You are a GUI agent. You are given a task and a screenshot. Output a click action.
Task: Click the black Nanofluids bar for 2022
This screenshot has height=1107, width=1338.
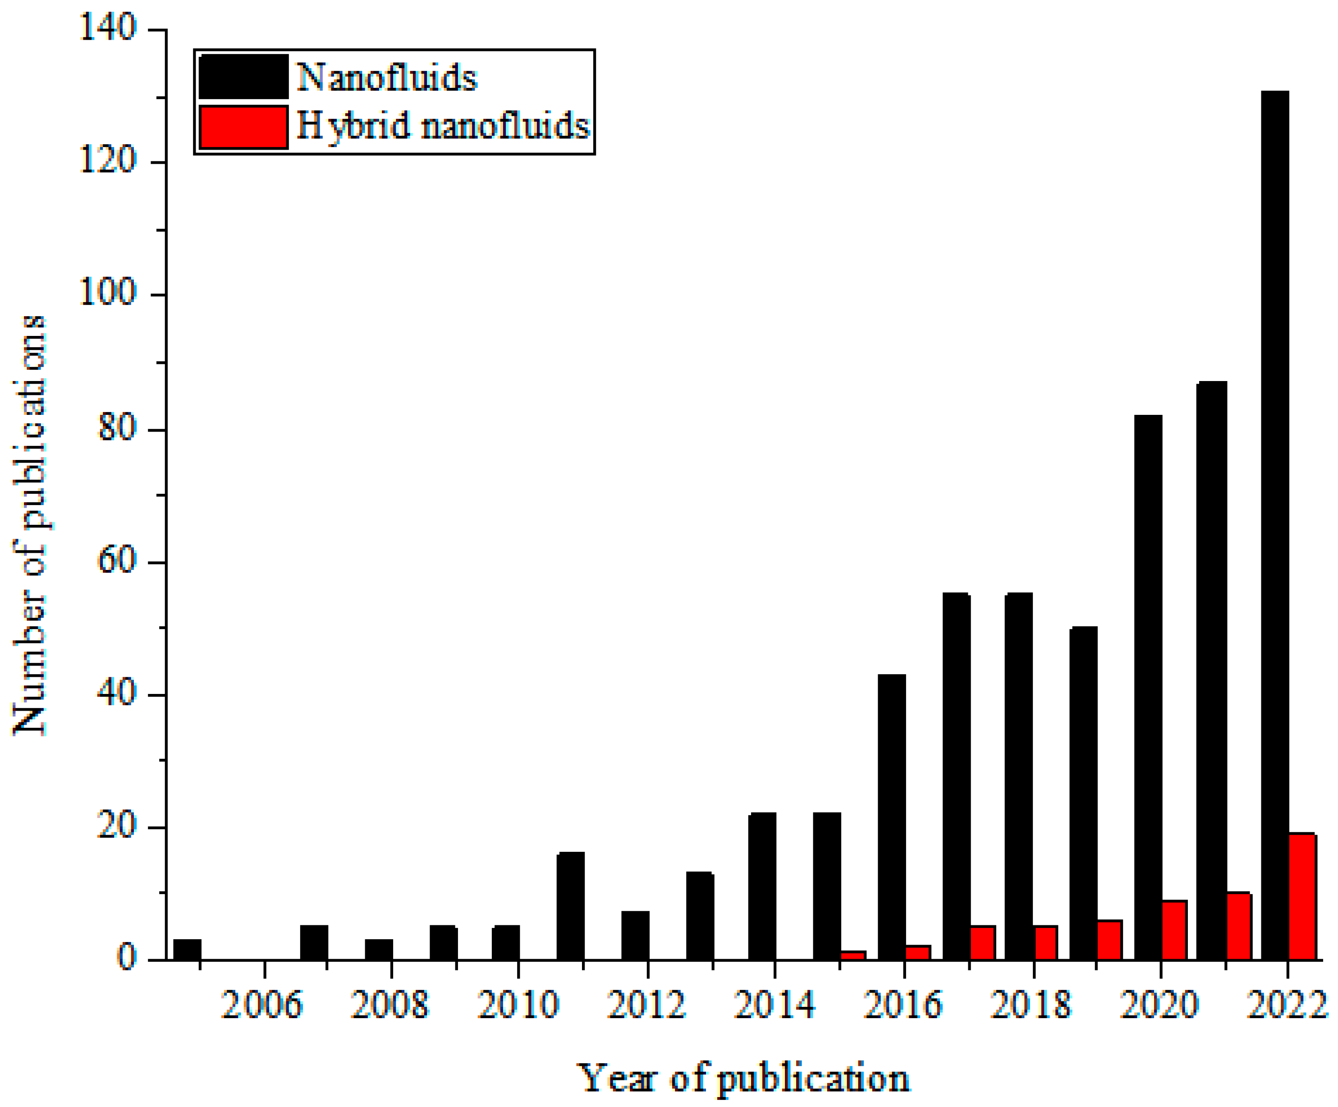pos(1275,523)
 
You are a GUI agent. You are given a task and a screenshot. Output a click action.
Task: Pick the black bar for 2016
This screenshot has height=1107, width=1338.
pos(891,816)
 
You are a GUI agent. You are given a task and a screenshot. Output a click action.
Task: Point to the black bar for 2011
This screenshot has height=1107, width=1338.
pos(570,905)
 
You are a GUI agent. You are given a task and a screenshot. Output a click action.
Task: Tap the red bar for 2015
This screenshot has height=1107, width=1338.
pos(853,955)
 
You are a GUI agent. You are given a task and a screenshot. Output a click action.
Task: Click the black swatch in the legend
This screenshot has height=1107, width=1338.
pos(243,77)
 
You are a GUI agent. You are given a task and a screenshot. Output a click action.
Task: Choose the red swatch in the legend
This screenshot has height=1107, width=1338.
pos(243,127)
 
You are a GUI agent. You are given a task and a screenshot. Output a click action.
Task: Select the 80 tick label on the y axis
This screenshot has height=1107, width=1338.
pos(118,429)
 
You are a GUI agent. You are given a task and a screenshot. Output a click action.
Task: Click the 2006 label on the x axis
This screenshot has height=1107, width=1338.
pos(261,1006)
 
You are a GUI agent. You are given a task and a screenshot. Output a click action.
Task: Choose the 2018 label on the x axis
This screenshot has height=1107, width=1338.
pos(1031,1006)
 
